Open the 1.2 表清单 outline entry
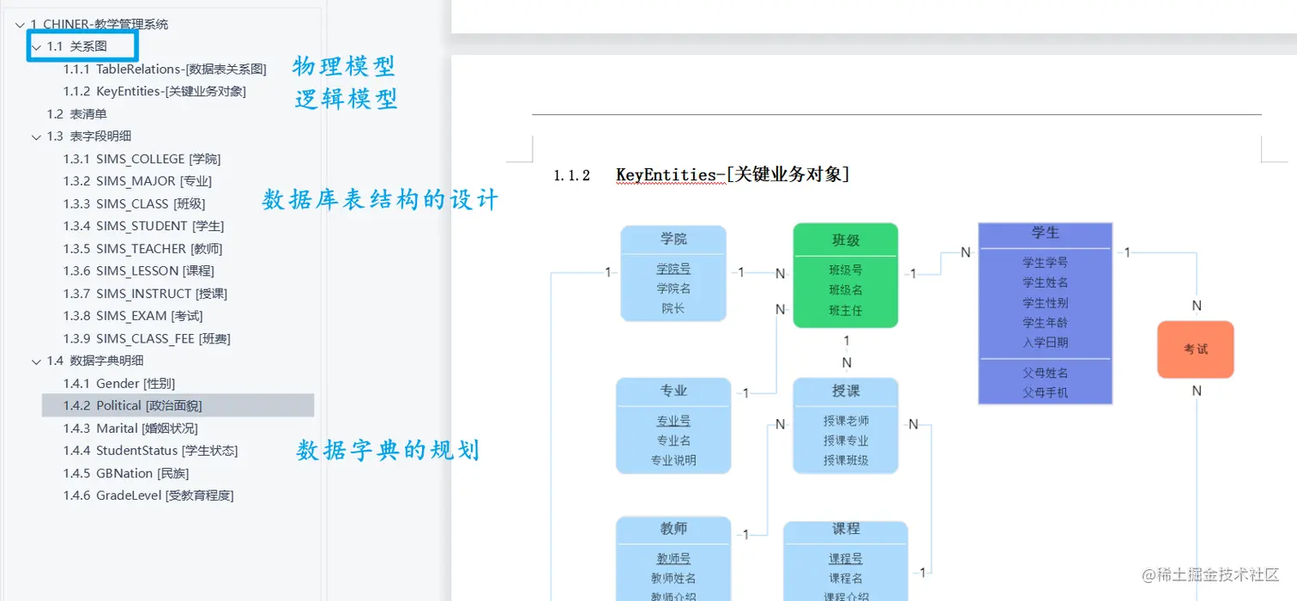point(77,113)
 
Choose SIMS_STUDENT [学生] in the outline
point(143,226)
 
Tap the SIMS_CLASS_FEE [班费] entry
point(147,338)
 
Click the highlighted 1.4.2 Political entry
point(133,405)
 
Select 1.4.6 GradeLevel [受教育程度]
point(148,495)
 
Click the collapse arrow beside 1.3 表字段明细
point(36,137)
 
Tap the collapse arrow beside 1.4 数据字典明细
point(36,361)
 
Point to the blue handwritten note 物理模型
point(344,66)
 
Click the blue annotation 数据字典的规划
point(388,450)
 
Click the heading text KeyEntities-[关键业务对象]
point(733,175)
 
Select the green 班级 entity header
point(846,240)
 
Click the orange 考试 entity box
point(1196,349)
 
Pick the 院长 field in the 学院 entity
point(673,308)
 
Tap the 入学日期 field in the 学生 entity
point(1045,343)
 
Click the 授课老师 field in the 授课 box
point(846,421)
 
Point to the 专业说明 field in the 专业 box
point(673,460)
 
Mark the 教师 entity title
point(673,529)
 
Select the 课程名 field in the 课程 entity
point(846,579)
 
